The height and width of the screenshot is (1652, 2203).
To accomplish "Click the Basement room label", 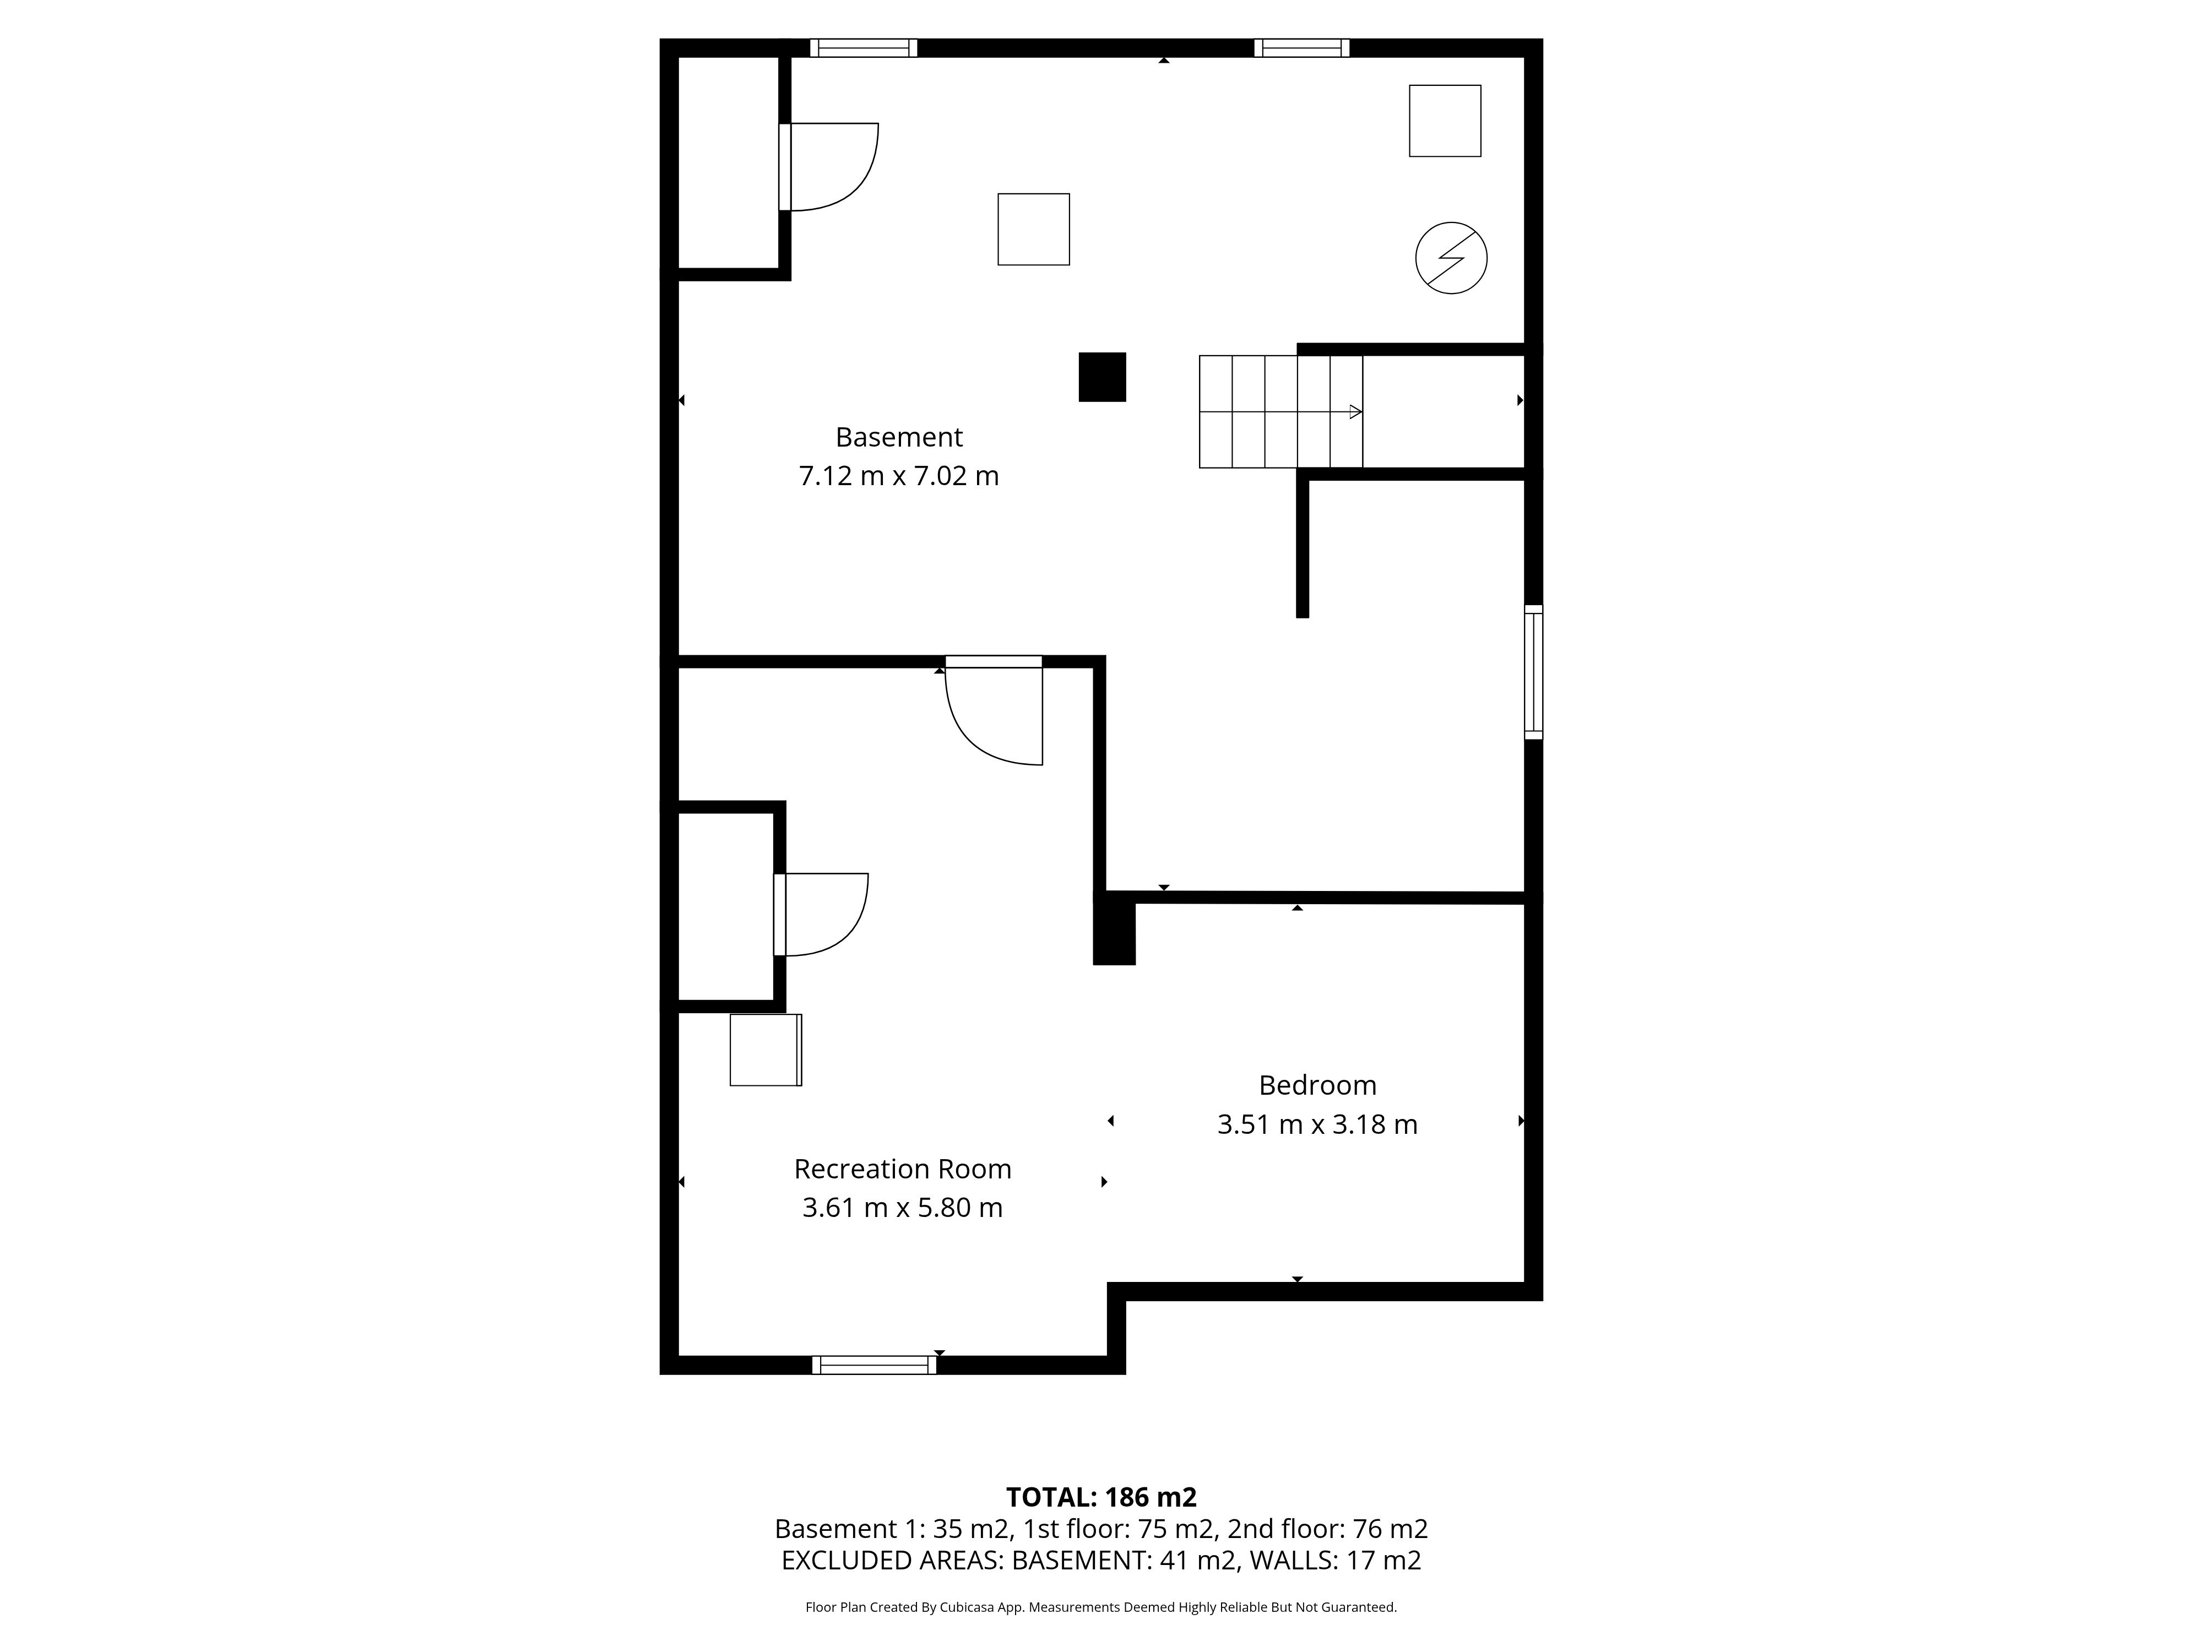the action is [x=898, y=437].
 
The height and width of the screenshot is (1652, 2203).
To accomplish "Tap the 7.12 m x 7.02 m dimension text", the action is [x=898, y=476].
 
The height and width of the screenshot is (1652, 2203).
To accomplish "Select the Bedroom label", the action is [x=1317, y=1085].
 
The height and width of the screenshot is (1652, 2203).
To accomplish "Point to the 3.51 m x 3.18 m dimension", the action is [x=1317, y=1124].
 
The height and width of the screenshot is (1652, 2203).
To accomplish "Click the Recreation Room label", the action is [x=902, y=1169].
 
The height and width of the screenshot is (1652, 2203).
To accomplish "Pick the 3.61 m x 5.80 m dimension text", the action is [x=902, y=1208].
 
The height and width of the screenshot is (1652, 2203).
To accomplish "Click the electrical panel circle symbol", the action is [x=1451, y=258].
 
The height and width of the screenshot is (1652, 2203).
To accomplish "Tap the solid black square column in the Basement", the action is [x=1103, y=377].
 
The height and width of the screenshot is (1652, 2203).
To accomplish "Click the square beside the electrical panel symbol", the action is [x=1445, y=121].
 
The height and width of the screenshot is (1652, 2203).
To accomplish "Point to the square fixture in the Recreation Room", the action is [x=766, y=1050].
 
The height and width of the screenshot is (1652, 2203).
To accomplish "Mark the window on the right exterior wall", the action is [x=1534, y=672].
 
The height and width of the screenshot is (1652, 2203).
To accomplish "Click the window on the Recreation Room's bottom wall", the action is [x=875, y=1365].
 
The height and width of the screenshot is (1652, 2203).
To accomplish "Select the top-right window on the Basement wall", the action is [x=1301, y=48].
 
